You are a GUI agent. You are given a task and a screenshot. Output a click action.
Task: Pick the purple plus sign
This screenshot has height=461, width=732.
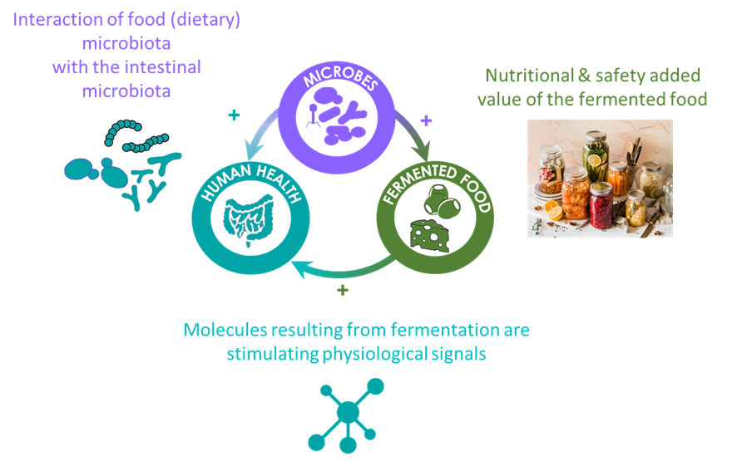click(x=427, y=120)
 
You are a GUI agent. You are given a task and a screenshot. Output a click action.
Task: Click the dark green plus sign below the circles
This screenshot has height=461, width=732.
click(x=342, y=290)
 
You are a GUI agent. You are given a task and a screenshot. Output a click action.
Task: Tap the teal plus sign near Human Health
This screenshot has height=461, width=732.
click(x=234, y=115)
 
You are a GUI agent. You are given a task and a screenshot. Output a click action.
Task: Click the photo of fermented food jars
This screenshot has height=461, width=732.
click(x=600, y=178)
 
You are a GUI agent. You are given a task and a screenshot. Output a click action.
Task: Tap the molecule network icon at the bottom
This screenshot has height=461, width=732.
click(x=347, y=414)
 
